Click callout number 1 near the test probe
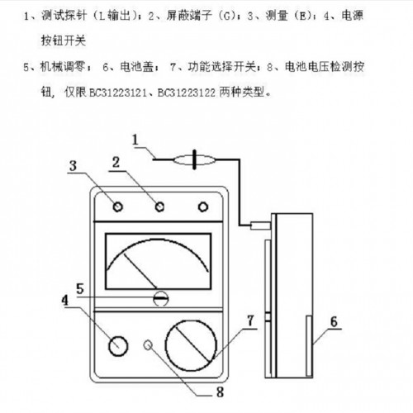(x=135, y=140)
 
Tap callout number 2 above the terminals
(x=116, y=162)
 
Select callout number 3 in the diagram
(x=73, y=165)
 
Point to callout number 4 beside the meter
(x=64, y=300)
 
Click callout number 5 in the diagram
(x=80, y=288)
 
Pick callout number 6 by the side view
(x=334, y=321)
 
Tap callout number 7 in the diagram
(x=250, y=320)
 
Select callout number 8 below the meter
(x=220, y=392)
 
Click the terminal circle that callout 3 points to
(x=118, y=206)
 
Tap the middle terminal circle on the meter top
(x=159, y=206)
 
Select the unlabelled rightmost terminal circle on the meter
(x=203, y=206)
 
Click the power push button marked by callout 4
(x=118, y=346)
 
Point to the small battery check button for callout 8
(x=148, y=345)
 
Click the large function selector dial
(x=191, y=345)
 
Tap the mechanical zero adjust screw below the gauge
(x=161, y=298)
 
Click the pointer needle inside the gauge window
(x=140, y=271)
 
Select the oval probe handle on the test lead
(x=194, y=159)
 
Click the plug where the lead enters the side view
(x=260, y=225)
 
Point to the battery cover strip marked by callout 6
(x=309, y=346)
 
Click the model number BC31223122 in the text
(x=187, y=93)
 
